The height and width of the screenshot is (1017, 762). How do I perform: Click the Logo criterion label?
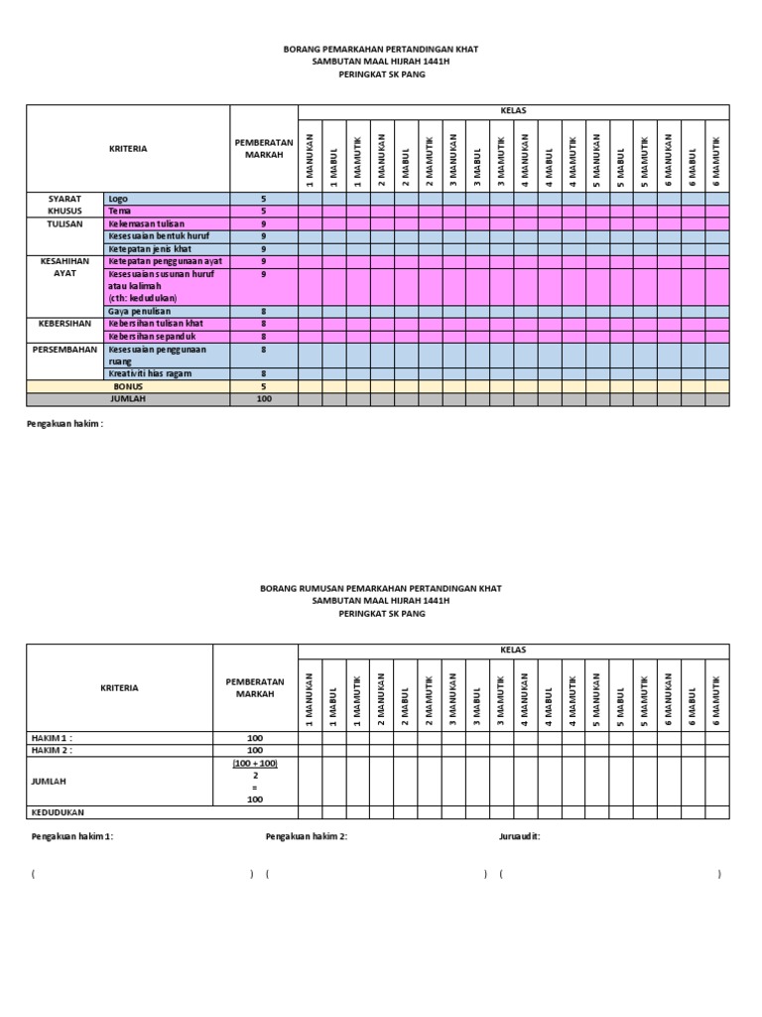click(x=118, y=199)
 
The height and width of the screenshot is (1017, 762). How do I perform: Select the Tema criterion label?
click(x=120, y=212)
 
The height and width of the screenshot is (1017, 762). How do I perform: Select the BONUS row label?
click(x=128, y=386)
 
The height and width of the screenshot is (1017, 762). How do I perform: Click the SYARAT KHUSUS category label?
click(x=64, y=205)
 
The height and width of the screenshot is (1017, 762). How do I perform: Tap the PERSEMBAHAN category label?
click(x=64, y=350)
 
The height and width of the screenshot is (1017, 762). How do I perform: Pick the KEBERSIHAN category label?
click(x=64, y=325)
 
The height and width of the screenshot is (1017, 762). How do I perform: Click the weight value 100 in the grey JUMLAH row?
click(x=264, y=399)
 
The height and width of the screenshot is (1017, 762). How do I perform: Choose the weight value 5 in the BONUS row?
click(x=264, y=386)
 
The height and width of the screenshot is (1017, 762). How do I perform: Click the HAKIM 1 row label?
click(x=54, y=737)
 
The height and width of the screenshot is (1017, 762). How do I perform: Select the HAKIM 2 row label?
click(x=54, y=750)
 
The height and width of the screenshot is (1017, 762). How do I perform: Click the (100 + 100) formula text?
click(x=255, y=763)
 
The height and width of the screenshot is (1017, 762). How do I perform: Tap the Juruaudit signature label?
click(x=520, y=837)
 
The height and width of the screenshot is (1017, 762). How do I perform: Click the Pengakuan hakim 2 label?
click(x=306, y=837)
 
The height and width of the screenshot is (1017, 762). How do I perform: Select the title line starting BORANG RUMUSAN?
click(x=380, y=589)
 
